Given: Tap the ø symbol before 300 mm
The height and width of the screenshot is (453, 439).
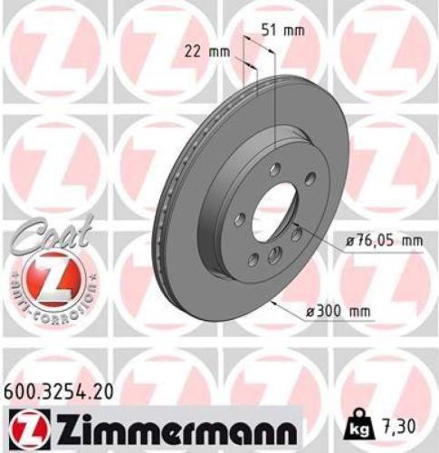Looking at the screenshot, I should (310, 313).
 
